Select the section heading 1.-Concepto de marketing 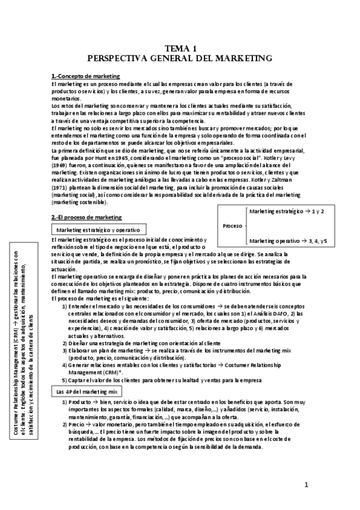85,76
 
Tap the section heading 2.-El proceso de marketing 87,217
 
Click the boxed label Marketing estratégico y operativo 97,230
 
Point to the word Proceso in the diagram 232,226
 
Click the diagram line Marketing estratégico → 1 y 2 287,212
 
